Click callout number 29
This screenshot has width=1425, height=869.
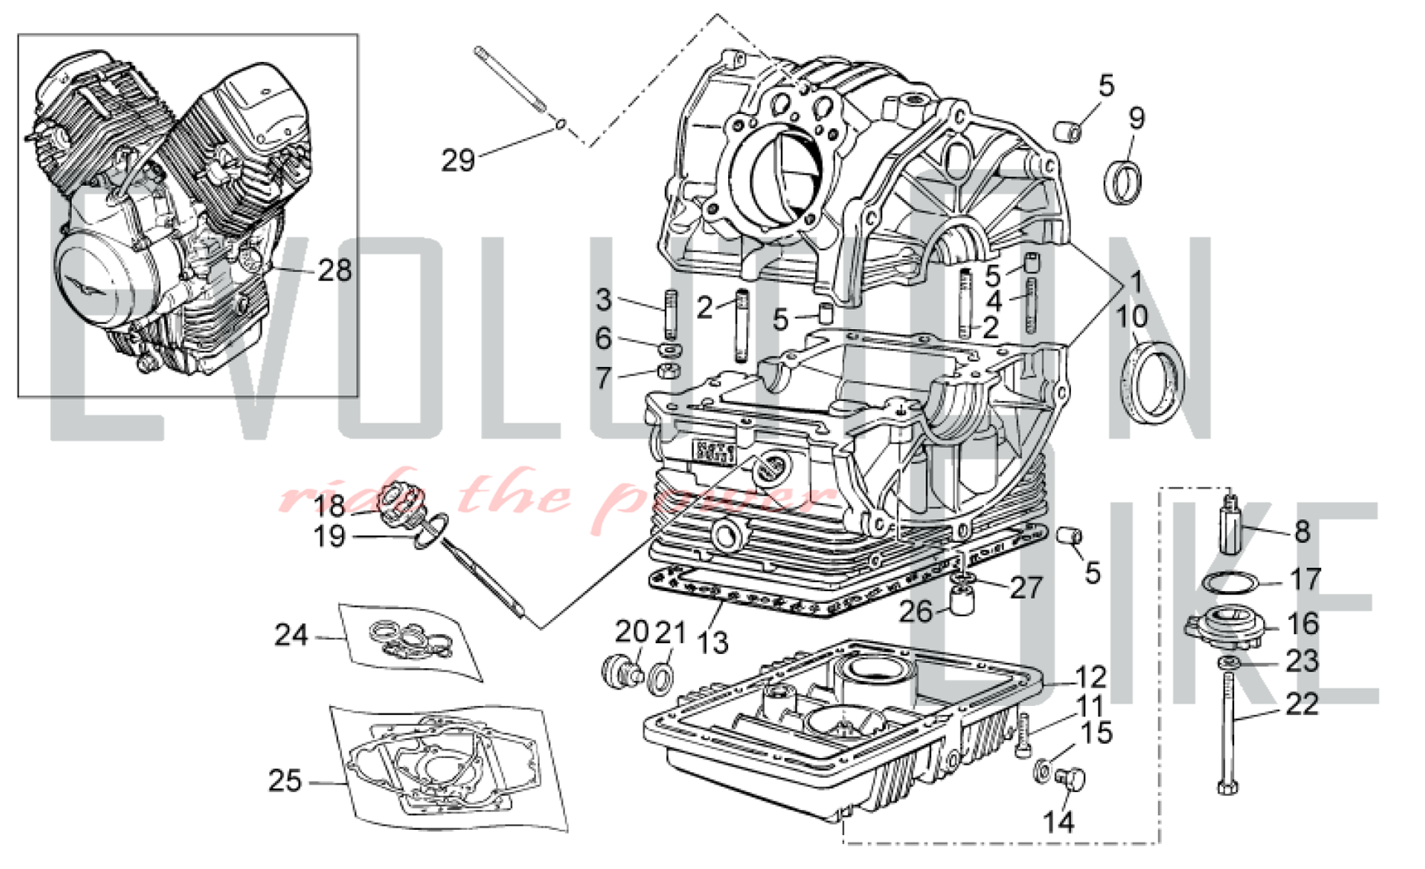(457, 160)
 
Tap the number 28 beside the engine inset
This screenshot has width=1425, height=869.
(334, 271)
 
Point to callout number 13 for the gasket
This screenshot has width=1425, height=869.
(712, 642)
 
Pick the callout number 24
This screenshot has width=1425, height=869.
(291, 635)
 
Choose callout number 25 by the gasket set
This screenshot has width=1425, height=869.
(285, 781)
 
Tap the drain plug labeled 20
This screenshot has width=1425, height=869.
(616, 670)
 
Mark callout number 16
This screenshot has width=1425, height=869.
(1303, 624)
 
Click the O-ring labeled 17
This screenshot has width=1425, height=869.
(1229, 583)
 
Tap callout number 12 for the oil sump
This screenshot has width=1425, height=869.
(1090, 677)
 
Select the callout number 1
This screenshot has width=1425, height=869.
(1136, 282)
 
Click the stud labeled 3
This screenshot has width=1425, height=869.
(670, 314)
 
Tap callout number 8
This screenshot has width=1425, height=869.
(1302, 531)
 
